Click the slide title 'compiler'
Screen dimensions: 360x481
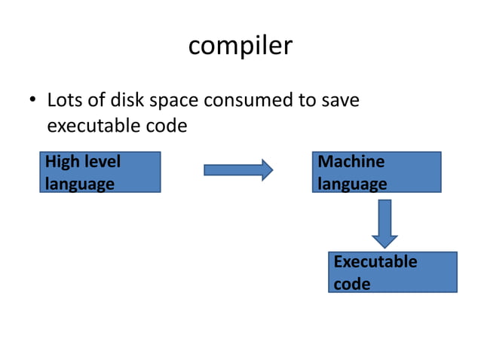pos(240,47)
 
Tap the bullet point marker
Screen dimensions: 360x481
pos(32,101)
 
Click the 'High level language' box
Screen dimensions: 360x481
pos(100,172)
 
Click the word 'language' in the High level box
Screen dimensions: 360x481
pos(79,184)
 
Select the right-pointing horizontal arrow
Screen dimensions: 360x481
pos(238,170)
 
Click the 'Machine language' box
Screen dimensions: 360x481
pos(376,172)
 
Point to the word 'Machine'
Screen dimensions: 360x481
pos(351,162)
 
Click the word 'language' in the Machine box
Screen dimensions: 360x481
pos(352,184)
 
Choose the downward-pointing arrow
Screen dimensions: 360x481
pos(385,223)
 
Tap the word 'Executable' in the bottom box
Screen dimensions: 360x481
pos(375,262)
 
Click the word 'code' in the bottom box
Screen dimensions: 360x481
pos(351,284)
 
